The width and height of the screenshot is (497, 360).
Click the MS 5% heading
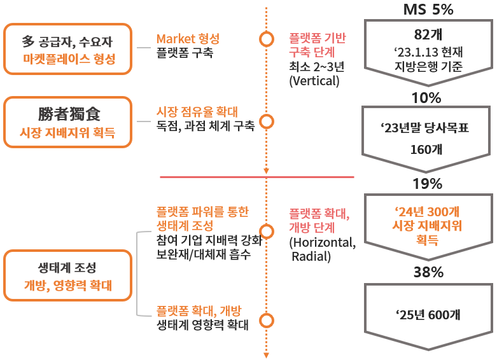(428, 10)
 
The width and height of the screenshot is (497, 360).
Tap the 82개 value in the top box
(428, 34)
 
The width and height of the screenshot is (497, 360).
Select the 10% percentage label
(427, 98)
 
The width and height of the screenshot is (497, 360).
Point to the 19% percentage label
(427, 184)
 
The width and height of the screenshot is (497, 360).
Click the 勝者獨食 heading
(69, 114)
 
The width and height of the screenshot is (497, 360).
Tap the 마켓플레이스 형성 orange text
(69, 60)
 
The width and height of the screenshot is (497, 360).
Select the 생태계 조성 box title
(67, 268)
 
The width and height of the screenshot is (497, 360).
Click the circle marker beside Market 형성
(267, 39)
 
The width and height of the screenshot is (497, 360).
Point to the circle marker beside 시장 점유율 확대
(267, 120)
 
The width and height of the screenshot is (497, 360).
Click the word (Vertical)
(314, 81)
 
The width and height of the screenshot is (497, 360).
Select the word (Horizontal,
(323, 242)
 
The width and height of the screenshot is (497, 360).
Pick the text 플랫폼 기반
(318, 38)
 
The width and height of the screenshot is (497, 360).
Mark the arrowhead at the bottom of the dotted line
(267, 356)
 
